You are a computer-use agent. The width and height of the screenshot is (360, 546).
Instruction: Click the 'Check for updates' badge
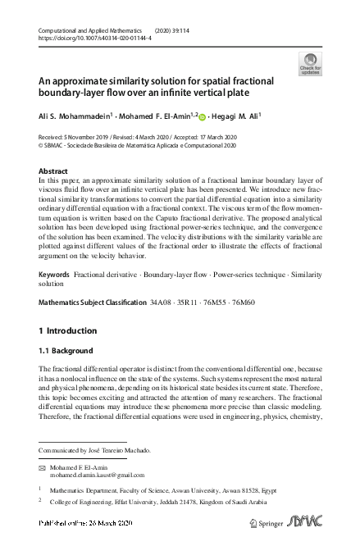(x=310, y=64)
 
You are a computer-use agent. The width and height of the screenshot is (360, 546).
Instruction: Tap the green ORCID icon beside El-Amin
(x=202, y=116)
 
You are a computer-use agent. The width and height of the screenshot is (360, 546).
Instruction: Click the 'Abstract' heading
(x=53, y=171)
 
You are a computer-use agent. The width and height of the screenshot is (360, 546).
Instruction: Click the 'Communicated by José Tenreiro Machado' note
(x=94, y=450)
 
